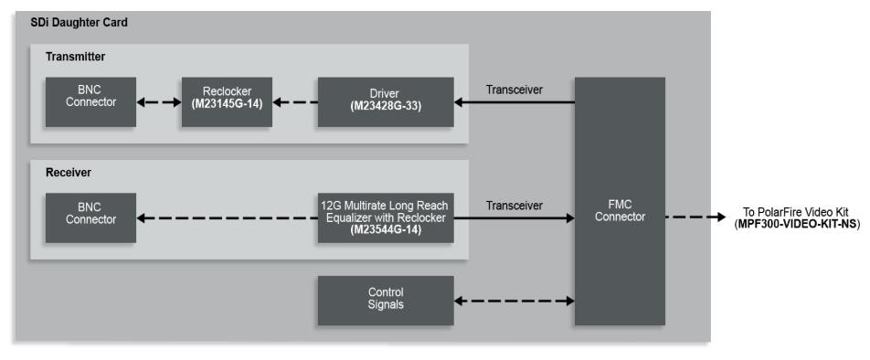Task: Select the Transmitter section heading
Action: [x=76, y=57]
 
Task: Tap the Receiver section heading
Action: [x=69, y=172]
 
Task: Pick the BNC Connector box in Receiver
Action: [x=90, y=217]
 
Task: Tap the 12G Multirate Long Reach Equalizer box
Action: [x=386, y=217]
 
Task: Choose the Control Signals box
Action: [x=386, y=300]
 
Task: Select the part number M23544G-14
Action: [x=386, y=230]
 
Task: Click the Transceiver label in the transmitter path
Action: [x=515, y=90]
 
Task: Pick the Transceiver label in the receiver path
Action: [x=515, y=206]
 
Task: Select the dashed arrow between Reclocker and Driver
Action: [x=294, y=102]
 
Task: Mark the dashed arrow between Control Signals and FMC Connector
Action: [x=515, y=301]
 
